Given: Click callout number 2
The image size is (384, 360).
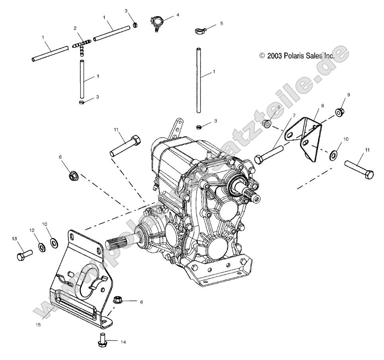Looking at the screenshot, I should coord(75,28).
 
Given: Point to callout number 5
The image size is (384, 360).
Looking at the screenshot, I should coord(222,23).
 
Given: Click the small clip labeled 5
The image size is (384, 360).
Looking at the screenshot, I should coord(200,30).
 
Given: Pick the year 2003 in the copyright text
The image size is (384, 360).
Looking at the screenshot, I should coord(275,56).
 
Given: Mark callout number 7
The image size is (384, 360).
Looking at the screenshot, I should coord(294,116).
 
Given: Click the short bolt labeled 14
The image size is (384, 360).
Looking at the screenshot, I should coord(101,340).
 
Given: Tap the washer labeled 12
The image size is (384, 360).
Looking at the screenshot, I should coord(42,247).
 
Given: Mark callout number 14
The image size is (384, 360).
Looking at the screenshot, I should coord(123,341).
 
